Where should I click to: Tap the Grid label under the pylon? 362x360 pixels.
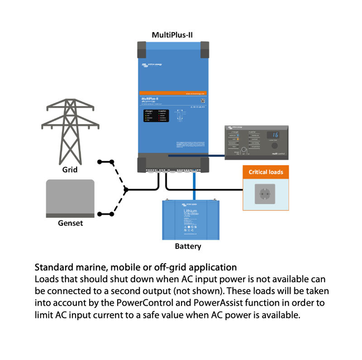[70, 170]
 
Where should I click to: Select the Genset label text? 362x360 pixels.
[70, 223]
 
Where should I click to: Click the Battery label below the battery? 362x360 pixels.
[188, 246]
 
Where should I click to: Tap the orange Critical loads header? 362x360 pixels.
[266, 172]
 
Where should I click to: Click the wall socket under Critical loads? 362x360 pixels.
[265, 194]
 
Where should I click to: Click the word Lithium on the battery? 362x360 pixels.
[190, 211]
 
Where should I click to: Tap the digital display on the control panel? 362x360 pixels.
[272, 135]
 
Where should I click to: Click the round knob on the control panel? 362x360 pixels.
[243, 149]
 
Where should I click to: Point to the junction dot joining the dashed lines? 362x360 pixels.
[126, 189]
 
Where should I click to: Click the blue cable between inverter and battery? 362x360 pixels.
[194, 185]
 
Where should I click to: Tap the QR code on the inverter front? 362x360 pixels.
[203, 100]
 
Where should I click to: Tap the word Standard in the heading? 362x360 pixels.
[52, 267]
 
